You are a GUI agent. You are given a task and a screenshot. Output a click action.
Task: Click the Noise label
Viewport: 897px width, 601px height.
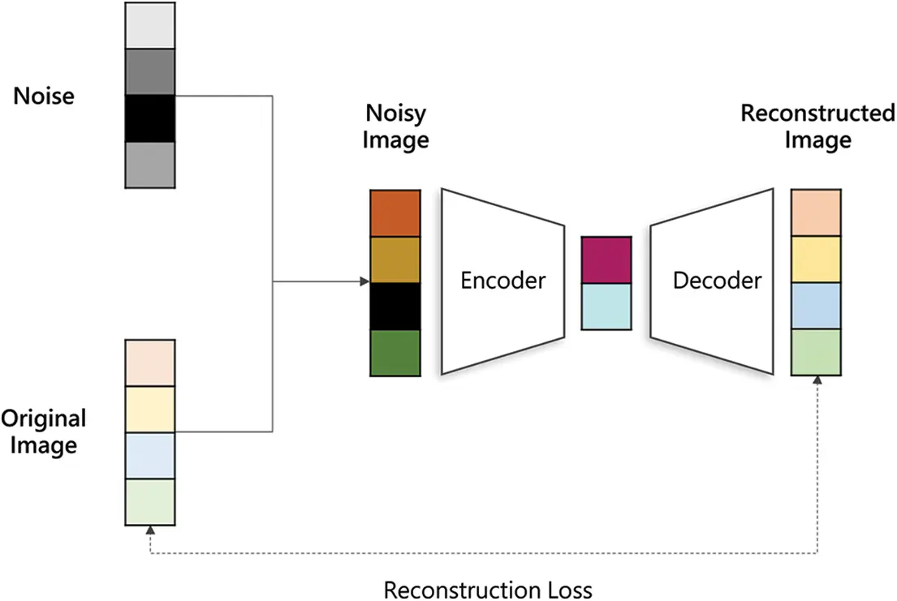click(x=44, y=97)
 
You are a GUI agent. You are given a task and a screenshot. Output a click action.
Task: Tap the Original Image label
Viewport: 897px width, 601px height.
click(x=44, y=431)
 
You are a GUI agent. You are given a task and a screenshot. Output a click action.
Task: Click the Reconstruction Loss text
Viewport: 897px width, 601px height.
click(x=488, y=589)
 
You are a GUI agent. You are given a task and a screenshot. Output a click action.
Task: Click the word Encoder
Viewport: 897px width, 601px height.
click(x=503, y=281)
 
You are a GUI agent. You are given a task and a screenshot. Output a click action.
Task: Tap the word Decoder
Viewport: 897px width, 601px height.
click(x=718, y=281)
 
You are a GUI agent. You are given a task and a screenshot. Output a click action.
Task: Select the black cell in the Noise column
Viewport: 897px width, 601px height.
click(x=150, y=119)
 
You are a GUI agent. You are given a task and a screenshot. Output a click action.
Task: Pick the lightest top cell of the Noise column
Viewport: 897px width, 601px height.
click(x=150, y=25)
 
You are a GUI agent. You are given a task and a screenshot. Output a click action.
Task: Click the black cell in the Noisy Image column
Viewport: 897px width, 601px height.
click(x=395, y=307)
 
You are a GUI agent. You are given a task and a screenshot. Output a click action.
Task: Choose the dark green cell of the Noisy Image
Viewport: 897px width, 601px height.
click(x=395, y=353)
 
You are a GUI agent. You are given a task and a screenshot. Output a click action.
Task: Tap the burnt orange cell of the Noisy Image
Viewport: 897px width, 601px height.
click(x=395, y=213)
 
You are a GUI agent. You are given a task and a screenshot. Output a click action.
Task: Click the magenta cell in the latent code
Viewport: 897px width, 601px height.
click(x=606, y=260)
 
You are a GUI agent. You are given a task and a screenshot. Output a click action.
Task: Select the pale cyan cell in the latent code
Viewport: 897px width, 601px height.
click(x=606, y=307)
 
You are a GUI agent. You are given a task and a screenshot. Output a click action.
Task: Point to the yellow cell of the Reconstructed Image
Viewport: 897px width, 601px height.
click(x=817, y=260)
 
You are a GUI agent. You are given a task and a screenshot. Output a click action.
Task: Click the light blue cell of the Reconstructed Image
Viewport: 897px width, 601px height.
click(x=817, y=307)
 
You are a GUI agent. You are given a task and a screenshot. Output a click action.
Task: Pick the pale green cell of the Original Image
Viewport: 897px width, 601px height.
click(x=150, y=502)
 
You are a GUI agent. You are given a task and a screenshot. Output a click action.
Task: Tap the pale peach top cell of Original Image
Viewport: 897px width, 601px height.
click(x=150, y=363)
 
